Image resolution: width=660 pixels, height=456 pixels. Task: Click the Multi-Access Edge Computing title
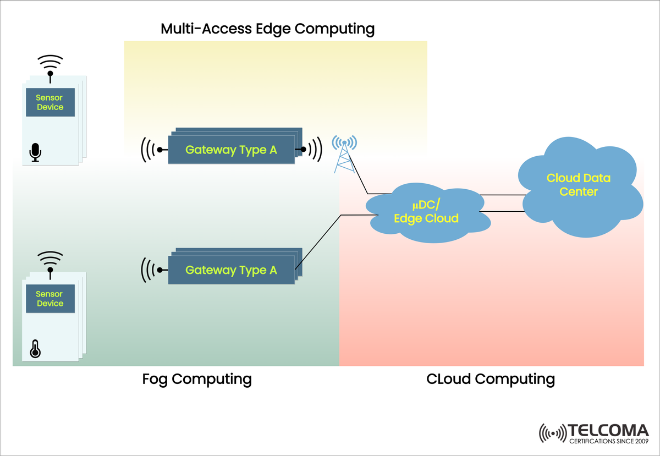pos(267,29)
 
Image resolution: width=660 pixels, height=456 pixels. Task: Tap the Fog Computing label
pos(197,379)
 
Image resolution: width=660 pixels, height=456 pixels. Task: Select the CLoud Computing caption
pos(491,379)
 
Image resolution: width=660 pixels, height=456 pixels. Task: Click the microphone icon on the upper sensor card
pos(36,152)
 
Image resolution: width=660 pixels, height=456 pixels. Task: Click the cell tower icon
pos(344,154)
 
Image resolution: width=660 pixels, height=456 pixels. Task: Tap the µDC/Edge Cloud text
pos(426,212)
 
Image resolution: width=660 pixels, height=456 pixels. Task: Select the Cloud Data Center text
pos(578,185)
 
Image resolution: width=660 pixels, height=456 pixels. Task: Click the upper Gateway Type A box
pos(231,150)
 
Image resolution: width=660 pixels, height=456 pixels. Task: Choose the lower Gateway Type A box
pos(231,270)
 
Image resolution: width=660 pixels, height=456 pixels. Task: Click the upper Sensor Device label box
pos(50,102)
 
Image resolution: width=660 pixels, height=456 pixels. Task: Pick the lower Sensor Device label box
pos(50,299)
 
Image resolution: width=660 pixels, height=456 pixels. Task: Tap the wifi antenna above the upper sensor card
pos(50,65)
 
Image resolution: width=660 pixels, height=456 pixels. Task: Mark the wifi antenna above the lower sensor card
pos(50,261)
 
